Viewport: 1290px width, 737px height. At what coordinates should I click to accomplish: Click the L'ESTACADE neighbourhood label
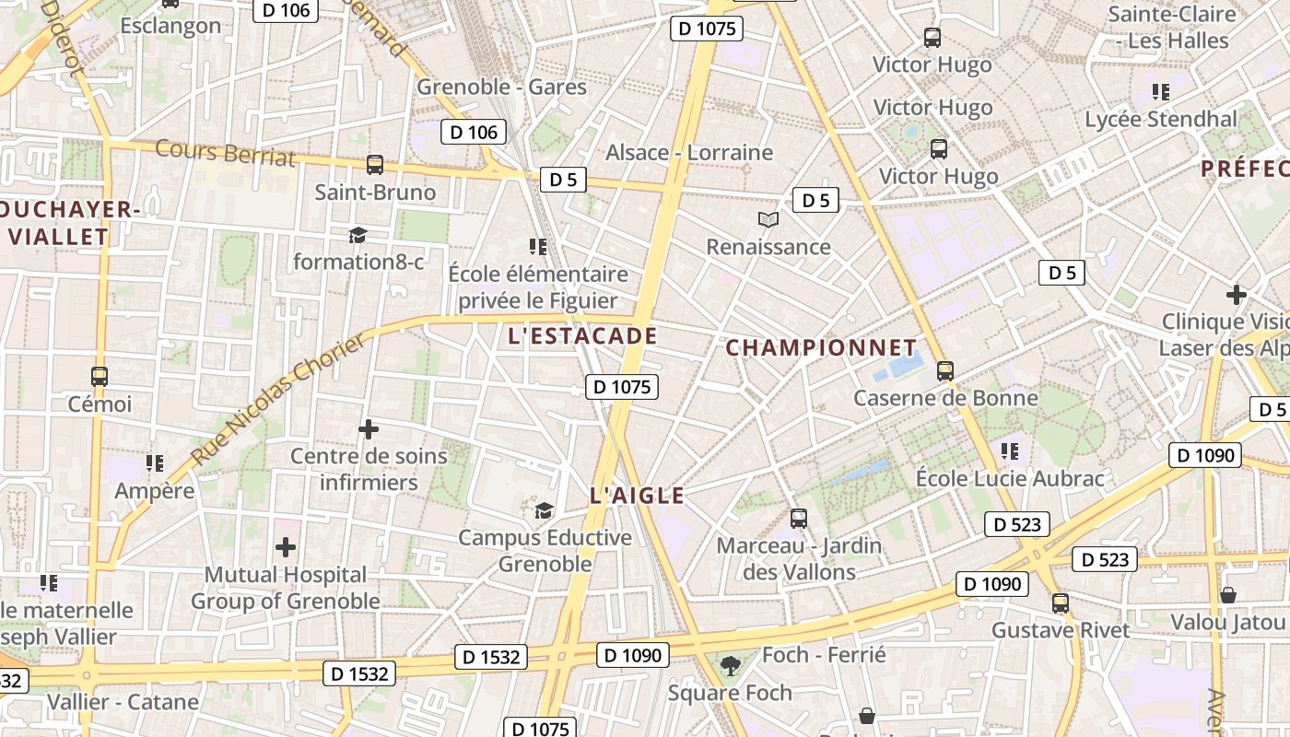pyautogui.click(x=582, y=336)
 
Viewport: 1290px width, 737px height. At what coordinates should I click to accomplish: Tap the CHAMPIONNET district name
pyautogui.click(x=821, y=348)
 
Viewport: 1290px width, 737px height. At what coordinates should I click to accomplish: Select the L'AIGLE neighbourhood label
pyautogui.click(x=637, y=496)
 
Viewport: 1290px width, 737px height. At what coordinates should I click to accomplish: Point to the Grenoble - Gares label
pyautogui.click(x=501, y=87)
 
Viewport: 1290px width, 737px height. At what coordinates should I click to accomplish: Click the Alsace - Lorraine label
pyautogui.click(x=689, y=152)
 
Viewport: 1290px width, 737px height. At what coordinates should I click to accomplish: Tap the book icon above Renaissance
pyautogui.click(x=768, y=219)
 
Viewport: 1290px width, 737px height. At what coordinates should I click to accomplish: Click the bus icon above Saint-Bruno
pyautogui.click(x=375, y=165)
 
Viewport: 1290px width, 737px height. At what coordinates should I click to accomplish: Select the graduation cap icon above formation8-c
pyautogui.click(x=358, y=235)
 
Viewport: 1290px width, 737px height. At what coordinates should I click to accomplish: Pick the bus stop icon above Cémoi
pyautogui.click(x=100, y=377)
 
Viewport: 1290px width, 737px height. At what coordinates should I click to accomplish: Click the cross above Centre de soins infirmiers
pyautogui.click(x=369, y=429)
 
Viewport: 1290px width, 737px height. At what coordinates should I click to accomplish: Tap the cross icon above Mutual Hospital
pyautogui.click(x=286, y=547)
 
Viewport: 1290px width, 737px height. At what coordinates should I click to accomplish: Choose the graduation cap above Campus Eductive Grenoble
pyautogui.click(x=545, y=509)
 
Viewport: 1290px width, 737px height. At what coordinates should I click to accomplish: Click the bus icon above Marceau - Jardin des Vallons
pyautogui.click(x=799, y=519)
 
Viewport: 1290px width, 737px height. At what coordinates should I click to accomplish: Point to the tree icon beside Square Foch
pyautogui.click(x=730, y=663)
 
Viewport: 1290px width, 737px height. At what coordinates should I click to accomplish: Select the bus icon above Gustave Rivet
pyautogui.click(x=1061, y=603)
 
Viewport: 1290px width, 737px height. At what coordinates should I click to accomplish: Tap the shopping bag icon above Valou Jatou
pyautogui.click(x=1228, y=595)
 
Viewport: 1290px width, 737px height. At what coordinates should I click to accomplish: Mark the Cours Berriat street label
pyautogui.click(x=226, y=153)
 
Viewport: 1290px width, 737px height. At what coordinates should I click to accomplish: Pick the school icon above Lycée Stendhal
pyautogui.click(x=1161, y=92)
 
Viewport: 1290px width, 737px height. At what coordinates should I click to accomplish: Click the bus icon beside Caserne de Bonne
pyautogui.click(x=944, y=371)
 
